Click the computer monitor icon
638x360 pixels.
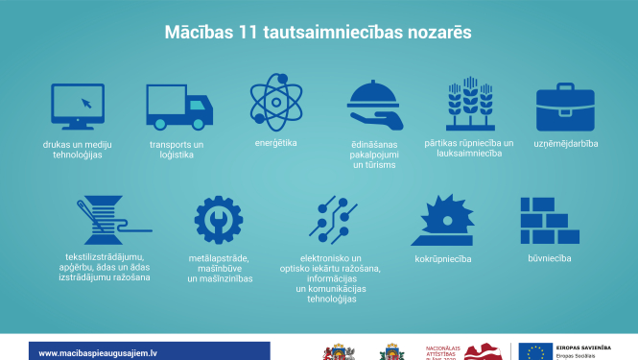(79, 107)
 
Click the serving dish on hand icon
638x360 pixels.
(373, 105)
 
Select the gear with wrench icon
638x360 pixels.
(219, 222)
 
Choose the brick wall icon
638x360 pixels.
(549, 221)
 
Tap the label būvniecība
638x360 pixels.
(549, 258)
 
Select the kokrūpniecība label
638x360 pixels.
(442, 258)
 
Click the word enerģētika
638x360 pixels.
(275, 142)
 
